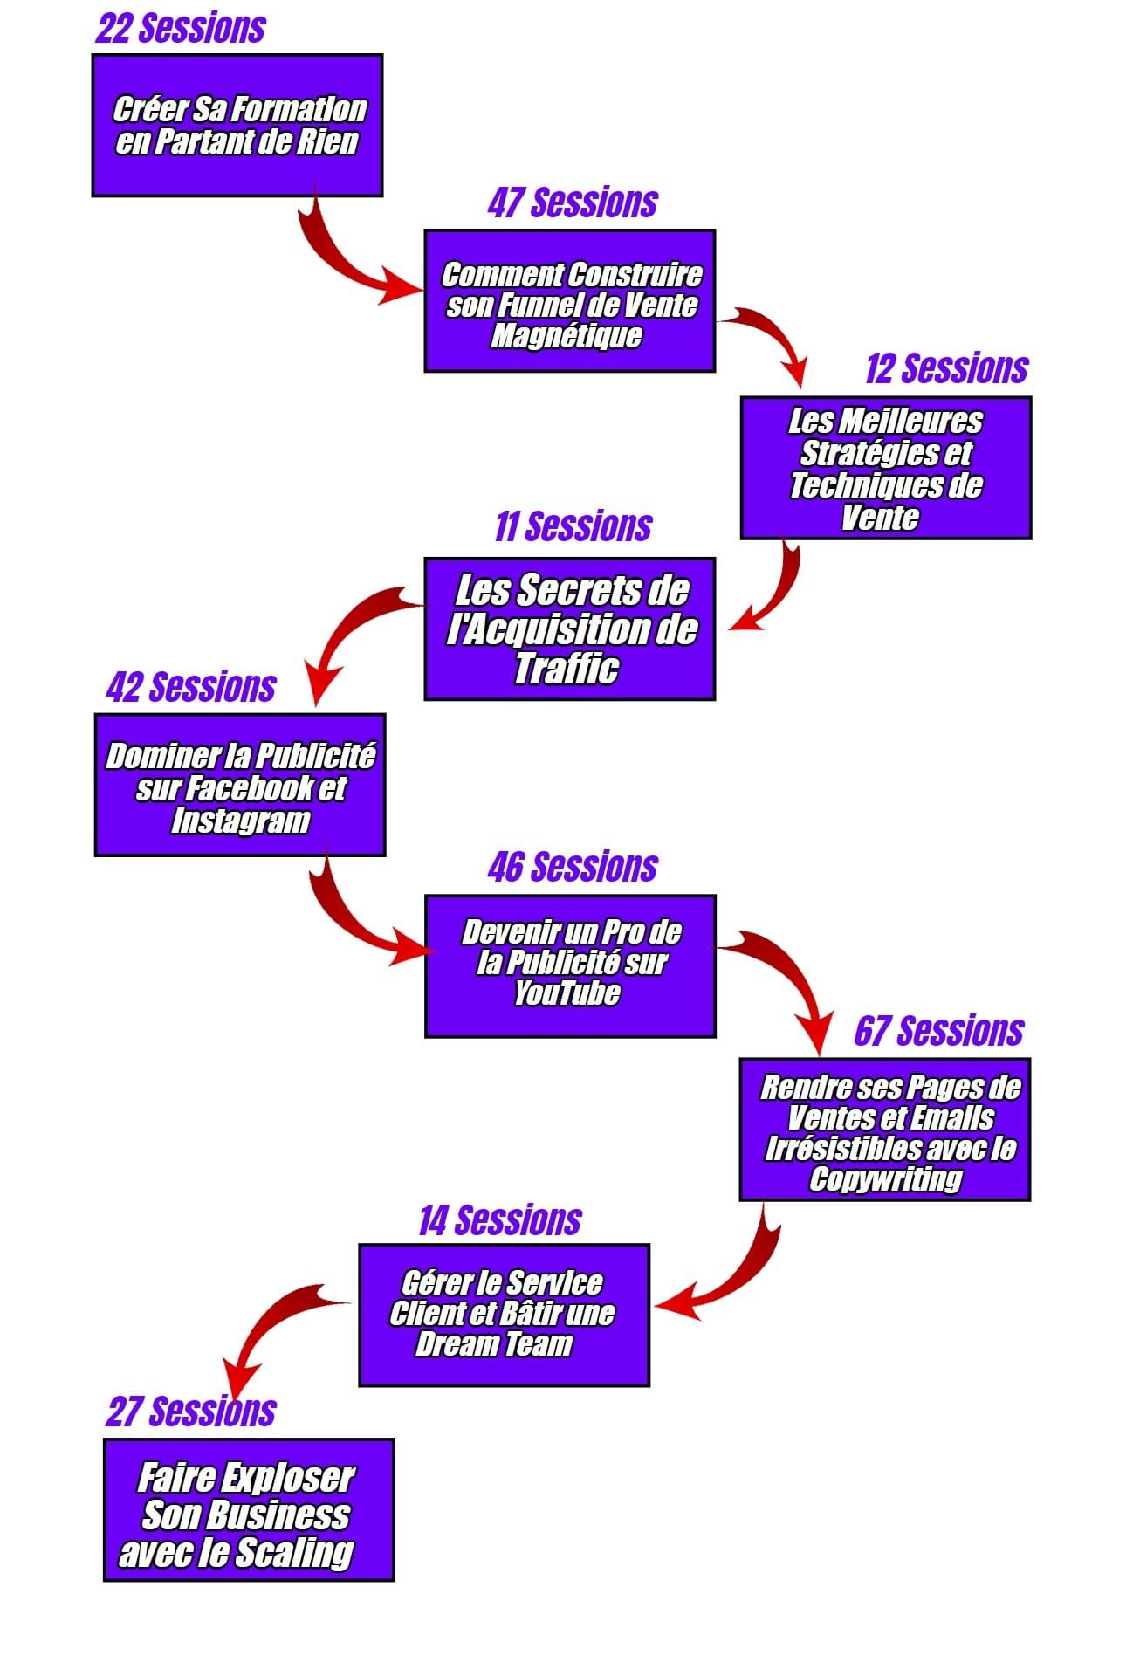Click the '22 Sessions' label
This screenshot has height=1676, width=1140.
[181, 28]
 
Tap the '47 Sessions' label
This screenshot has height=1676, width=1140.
[572, 203]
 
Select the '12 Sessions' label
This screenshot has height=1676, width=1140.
[946, 368]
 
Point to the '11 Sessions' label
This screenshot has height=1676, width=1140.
[573, 526]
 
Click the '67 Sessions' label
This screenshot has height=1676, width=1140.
[938, 1031]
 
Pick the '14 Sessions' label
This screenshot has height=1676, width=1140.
[499, 1220]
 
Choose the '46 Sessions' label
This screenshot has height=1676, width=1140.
[573, 867]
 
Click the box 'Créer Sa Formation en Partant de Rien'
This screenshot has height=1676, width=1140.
[237, 126]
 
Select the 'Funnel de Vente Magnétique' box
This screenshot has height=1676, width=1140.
[570, 301]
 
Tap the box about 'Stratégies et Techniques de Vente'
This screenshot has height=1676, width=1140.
[886, 468]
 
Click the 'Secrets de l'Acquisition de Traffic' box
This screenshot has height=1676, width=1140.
[570, 628]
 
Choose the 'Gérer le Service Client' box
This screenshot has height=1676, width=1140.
[505, 1315]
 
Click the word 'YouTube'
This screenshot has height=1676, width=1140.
[567, 993]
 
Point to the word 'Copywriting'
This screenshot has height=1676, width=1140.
[885, 1178]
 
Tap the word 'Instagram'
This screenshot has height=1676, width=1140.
[240, 821]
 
